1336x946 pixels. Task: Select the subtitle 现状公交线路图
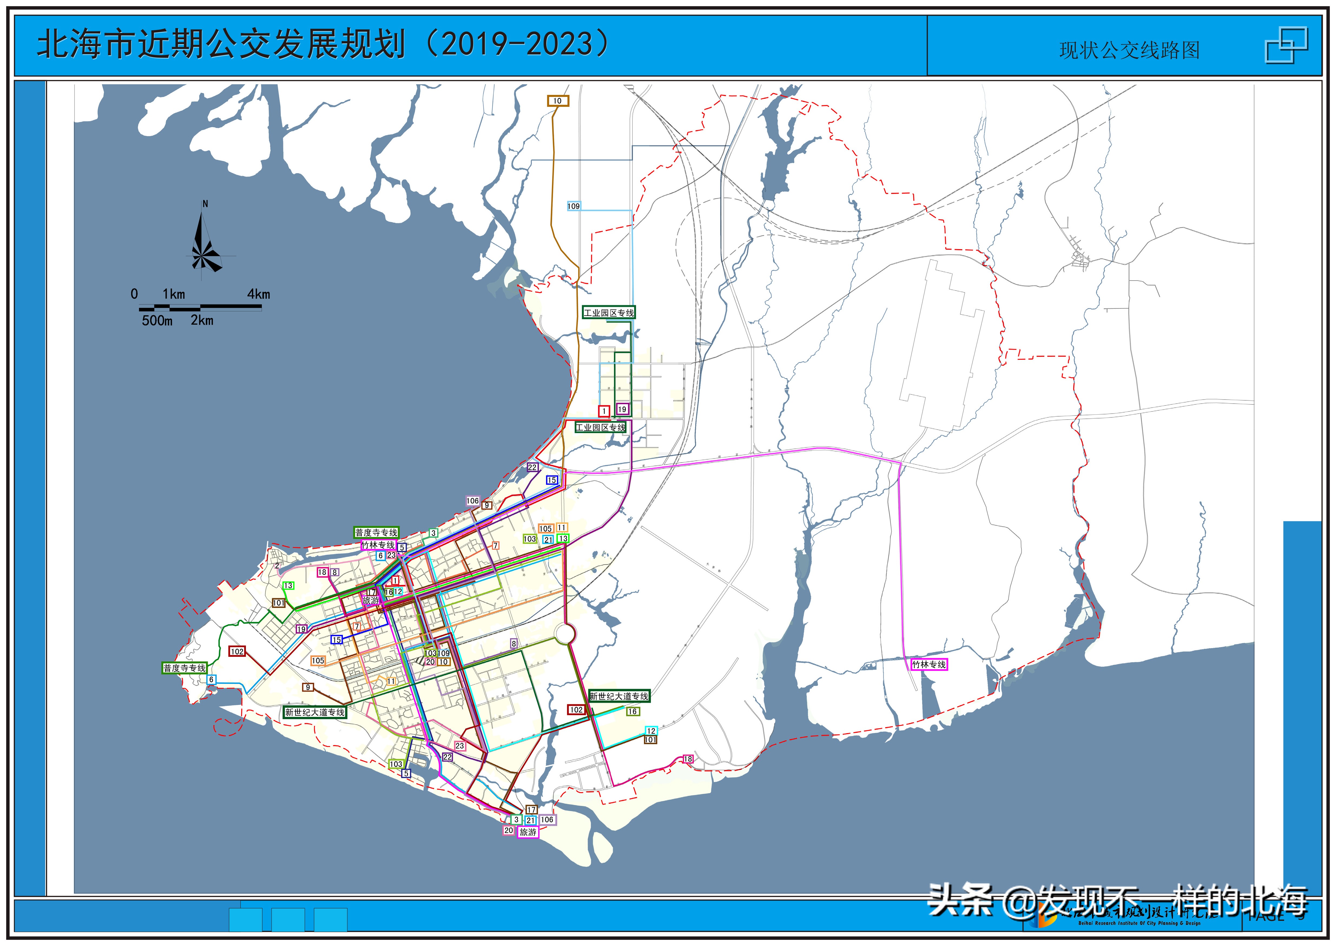[1129, 51]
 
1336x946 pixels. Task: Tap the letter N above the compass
[205, 204]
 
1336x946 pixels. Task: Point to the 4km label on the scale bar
[259, 294]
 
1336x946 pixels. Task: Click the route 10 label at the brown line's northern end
[558, 101]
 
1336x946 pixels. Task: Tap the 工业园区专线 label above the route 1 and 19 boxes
[609, 313]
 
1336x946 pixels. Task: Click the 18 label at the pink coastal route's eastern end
[688, 759]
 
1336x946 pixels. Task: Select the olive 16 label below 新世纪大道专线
[632, 711]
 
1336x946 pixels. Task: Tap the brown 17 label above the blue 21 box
[531, 810]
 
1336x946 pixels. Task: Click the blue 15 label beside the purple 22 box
[552, 480]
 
